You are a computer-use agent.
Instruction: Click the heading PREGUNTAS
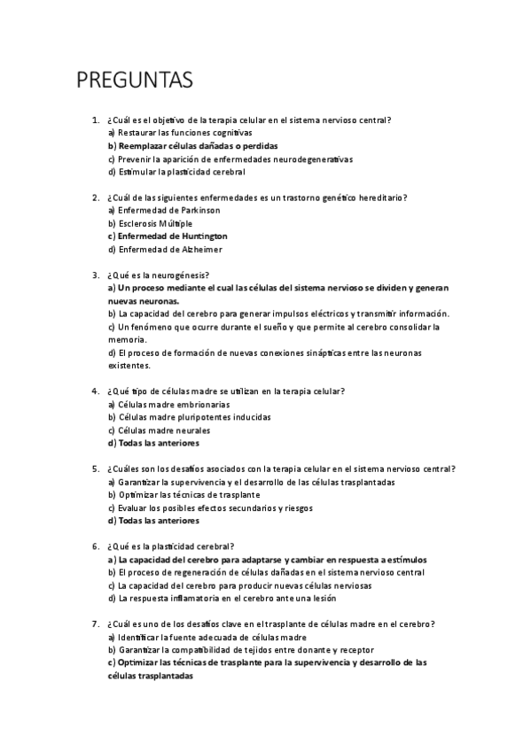pyautogui.click(x=135, y=81)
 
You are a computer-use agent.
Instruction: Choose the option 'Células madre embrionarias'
pyautogui.click(x=161, y=404)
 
